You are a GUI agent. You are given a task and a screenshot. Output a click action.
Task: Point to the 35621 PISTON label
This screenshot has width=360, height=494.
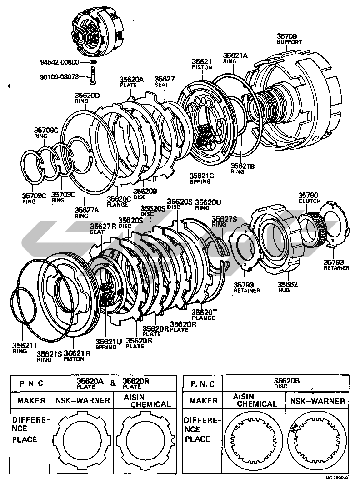[202, 64]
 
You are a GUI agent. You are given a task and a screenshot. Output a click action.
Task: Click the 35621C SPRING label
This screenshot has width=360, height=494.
[200, 177]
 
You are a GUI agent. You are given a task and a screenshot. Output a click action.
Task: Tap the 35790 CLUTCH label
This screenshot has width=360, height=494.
[309, 198]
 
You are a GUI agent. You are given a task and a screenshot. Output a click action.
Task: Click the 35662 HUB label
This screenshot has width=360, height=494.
[288, 287]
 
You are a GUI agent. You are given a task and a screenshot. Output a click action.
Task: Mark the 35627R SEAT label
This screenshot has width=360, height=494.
[100, 228]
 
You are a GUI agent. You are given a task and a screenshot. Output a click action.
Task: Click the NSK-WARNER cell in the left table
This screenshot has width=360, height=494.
[82, 401]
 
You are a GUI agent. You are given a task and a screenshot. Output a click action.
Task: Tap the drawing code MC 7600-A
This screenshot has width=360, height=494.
[336, 478]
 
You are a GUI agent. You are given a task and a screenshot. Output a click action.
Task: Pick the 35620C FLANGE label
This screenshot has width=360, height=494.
[119, 201]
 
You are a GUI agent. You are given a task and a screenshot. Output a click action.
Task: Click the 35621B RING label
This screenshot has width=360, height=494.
[242, 169]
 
